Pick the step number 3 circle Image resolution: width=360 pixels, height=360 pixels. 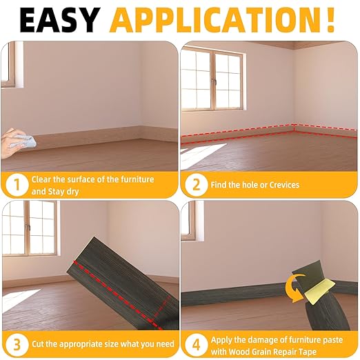click(16, 343)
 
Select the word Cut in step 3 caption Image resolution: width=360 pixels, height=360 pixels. click(39, 343)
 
